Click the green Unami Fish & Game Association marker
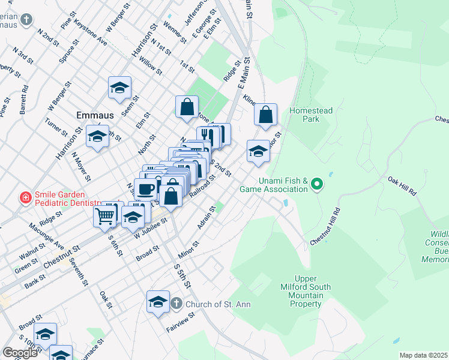[318, 184]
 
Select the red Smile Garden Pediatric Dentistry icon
[25, 198]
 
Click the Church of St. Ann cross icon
[176, 304]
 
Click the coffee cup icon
[145, 189]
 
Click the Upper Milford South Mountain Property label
[306, 291]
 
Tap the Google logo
[20, 353]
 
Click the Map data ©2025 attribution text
[423, 355]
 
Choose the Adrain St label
[206, 218]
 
